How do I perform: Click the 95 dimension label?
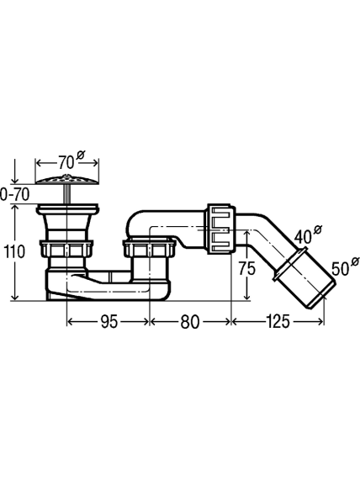pyautogui.click(x=109, y=322)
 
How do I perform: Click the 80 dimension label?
pyautogui.click(x=189, y=322)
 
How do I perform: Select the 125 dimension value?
pyautogui.click(x=278, y=322)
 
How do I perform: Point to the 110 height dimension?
pyautogui.click(x=13, y=251)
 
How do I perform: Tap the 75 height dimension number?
pyautogui.click(x=247, y=269)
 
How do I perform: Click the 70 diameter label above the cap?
pyautogui.click(x=66, y=162)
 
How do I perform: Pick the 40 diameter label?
pyautogui.click(x=304, y=236)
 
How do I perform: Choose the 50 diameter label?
pyautogui.click(x=341, y=269)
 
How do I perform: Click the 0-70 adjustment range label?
pyautogui.click(x=14, y=195)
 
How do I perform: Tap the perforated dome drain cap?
pyautogui.click(x=67, y=179)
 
